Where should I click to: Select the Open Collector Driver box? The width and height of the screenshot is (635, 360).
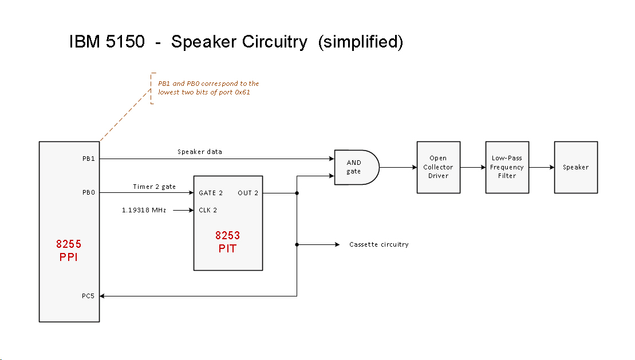438,167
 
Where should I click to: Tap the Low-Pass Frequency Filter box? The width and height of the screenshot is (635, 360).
507,167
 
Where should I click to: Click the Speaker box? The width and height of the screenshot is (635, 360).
575,167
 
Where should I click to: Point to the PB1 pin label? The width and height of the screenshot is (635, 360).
88,159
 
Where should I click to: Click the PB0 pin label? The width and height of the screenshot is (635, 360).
88,193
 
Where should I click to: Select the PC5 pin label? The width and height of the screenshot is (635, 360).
88,296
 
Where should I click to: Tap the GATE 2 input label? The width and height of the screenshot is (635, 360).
211,193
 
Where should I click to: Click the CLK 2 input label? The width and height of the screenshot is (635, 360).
208,210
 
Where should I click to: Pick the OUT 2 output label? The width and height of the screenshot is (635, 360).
248,193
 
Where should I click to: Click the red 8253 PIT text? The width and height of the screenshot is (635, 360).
228,242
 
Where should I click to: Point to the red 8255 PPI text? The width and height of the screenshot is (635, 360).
68,250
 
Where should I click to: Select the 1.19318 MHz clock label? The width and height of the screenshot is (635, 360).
144,210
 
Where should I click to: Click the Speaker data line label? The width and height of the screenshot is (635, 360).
200,152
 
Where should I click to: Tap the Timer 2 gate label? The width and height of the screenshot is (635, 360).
154,187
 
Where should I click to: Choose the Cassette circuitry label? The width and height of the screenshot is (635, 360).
379,244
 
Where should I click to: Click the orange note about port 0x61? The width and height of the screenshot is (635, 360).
208,88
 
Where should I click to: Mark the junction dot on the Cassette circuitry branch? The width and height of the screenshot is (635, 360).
297,244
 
